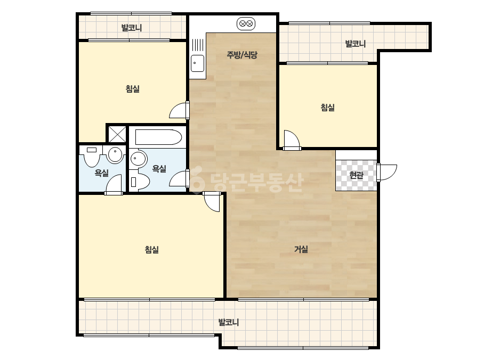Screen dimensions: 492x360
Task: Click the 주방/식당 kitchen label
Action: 242,55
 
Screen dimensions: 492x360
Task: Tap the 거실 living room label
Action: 301,249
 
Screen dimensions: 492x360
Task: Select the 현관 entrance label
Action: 356,175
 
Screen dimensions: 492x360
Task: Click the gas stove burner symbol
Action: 246,24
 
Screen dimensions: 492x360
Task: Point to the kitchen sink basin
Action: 198,63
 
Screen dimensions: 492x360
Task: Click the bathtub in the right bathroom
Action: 158,137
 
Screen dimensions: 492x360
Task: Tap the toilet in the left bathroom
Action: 92,156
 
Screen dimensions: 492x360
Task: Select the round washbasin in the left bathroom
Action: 115,154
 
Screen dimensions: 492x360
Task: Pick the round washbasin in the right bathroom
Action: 139,159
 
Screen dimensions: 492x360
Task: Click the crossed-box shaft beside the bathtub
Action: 117,134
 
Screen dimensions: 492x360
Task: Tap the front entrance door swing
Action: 387,172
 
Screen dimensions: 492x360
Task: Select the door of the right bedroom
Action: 292,140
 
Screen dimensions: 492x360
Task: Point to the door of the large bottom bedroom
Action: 212,201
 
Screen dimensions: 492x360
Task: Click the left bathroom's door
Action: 114,185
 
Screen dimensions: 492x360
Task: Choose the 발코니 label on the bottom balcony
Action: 229,322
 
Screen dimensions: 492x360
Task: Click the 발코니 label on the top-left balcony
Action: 132,28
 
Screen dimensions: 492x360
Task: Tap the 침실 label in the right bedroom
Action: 328,108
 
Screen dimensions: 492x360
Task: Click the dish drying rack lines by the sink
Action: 198,45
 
